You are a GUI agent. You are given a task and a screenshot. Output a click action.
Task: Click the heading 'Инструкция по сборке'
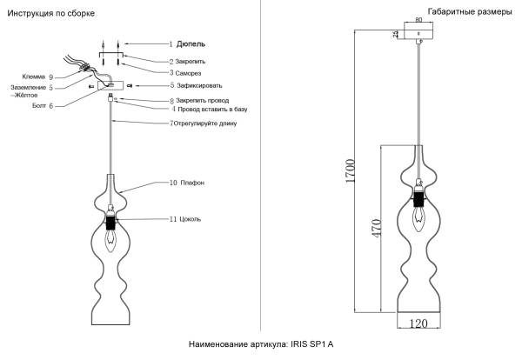coord(50,15)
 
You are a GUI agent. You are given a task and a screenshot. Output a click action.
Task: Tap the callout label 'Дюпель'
coord(191,43)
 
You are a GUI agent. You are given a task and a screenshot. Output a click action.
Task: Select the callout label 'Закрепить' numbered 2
coord(192,62)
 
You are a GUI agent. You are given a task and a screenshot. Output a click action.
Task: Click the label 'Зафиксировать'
coord(199,86)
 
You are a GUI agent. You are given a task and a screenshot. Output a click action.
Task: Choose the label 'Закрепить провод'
coord(203,101)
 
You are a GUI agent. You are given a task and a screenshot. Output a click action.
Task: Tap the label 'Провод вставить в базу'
coord(213,110)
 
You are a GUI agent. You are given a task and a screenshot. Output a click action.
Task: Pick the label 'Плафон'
coord(192,183)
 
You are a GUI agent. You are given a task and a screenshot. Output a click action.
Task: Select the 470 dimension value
coord(376,229)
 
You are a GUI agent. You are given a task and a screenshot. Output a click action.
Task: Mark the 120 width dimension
coord(419,323)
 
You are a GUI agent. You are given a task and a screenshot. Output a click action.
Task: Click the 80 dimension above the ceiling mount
coord(418,18)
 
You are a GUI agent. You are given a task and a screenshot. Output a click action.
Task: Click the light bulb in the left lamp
coord(110,236)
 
